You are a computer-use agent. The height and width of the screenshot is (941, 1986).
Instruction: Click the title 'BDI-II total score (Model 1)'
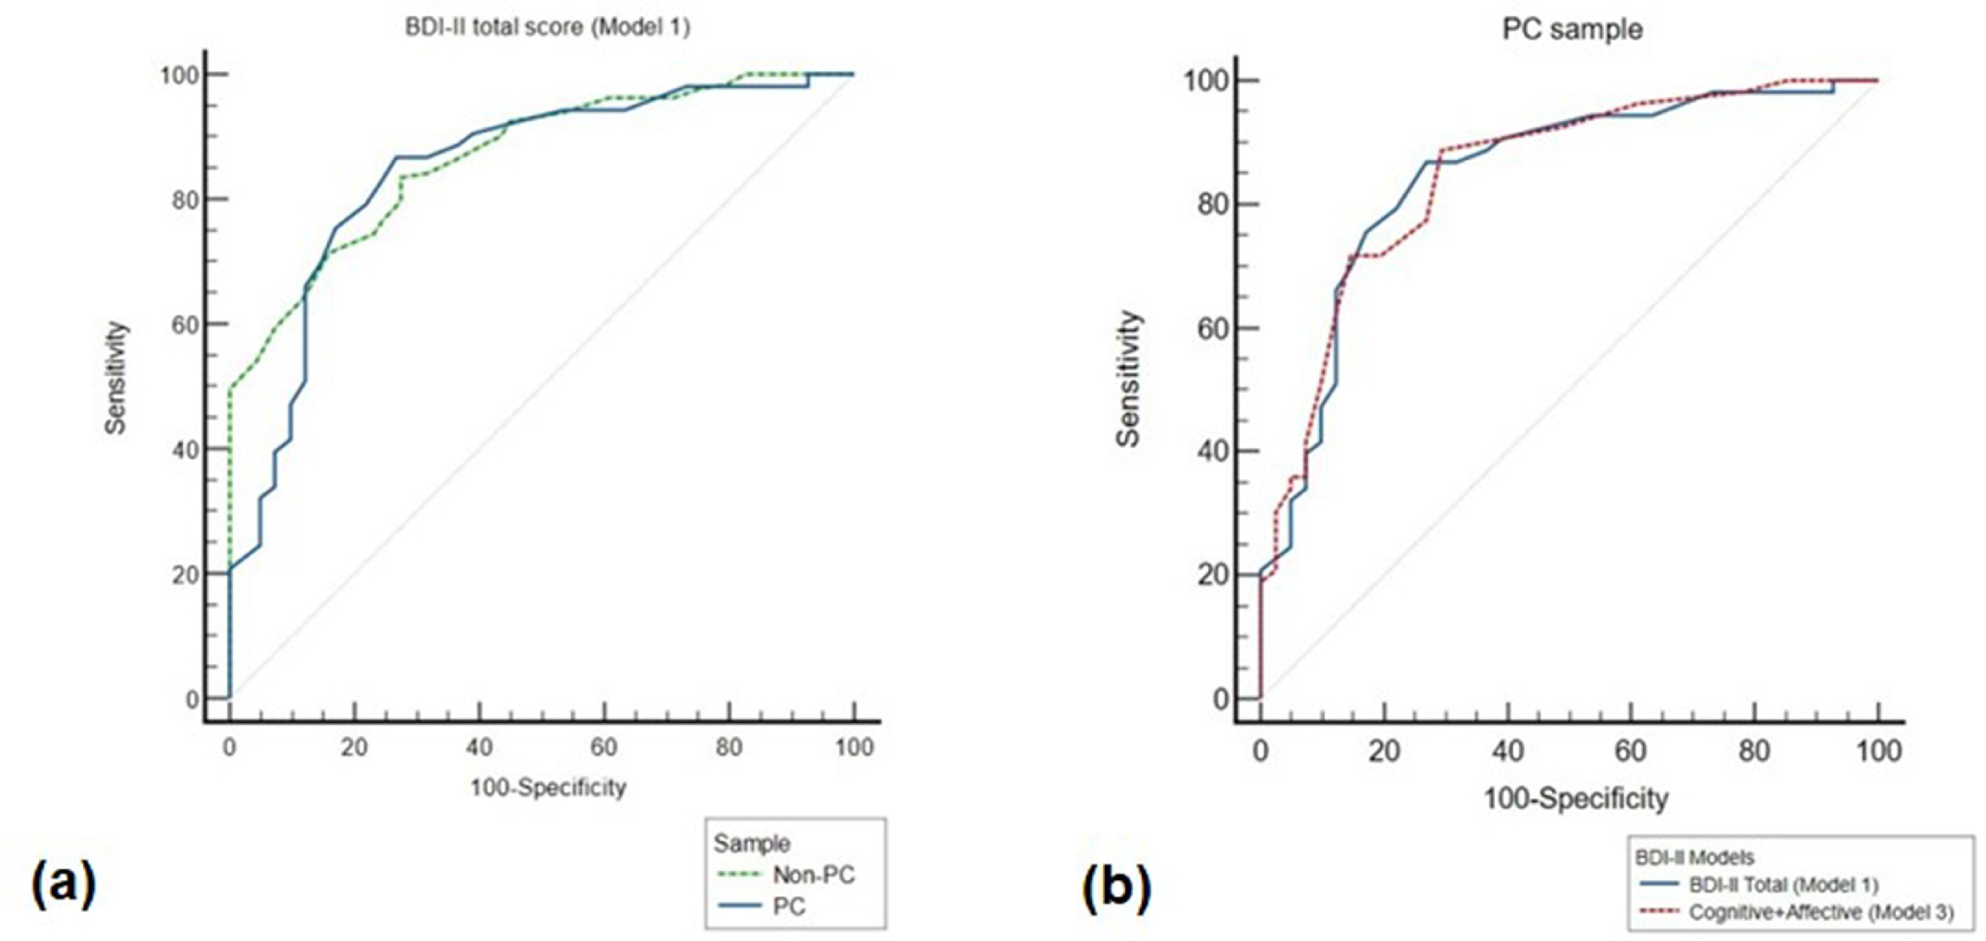(x=548, y=27)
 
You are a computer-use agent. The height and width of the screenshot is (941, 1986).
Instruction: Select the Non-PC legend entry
(x=813, y=875)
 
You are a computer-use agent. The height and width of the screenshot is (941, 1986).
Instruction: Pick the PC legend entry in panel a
(x=788, y=906)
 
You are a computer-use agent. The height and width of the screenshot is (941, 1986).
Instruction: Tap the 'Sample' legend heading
(x=751, y=843)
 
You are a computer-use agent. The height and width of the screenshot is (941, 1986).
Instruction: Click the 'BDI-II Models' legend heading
(x=1694, y=857)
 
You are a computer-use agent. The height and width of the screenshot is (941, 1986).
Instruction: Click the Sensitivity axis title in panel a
(x=116, y=378)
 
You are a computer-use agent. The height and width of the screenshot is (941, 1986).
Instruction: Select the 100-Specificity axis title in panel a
(x=548, y=788)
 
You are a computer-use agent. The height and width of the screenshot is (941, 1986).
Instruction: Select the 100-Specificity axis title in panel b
(x=1576, y=799)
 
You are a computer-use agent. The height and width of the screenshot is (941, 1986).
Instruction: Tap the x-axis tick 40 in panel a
(x=479, y=747)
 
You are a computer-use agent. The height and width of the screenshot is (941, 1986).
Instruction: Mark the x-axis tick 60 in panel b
(x=1631, y=750)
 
